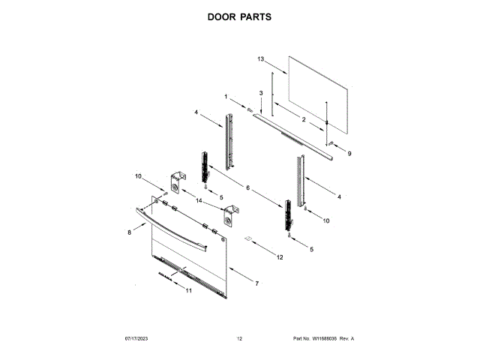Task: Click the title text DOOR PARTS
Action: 239,16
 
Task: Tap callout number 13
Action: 261,58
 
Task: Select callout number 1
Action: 225,96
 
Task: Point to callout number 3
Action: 261,92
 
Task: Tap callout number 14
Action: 199,201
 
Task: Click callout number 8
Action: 128,234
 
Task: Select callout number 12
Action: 280,257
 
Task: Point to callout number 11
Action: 188,290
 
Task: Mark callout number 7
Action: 256,283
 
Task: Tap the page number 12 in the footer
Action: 239,339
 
